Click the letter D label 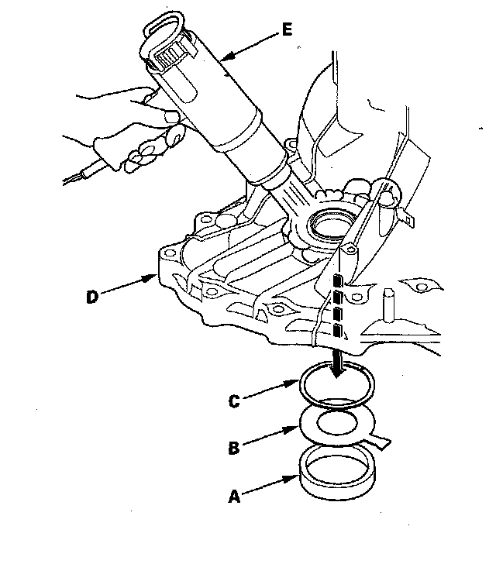[92, 297]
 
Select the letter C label [234, 401]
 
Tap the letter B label [234, 448]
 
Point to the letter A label [234, 497]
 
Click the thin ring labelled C [300, 387]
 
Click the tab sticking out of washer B [380, 442]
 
